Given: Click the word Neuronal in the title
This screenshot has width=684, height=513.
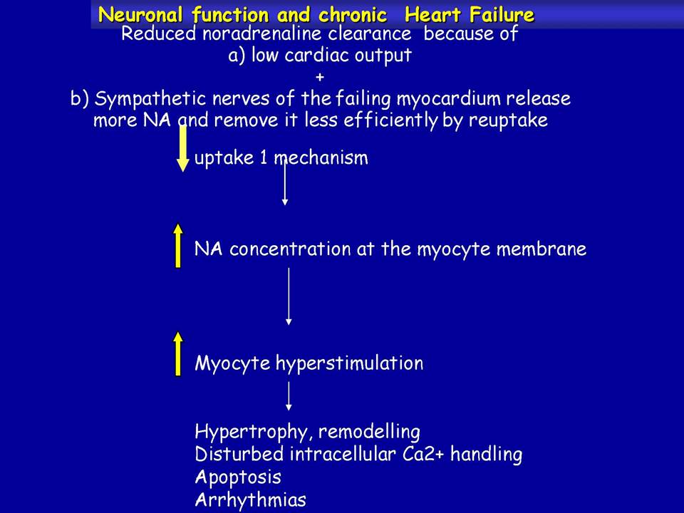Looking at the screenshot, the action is tap(140, 15).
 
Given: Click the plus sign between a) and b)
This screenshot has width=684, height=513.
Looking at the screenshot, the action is tap(320, 77).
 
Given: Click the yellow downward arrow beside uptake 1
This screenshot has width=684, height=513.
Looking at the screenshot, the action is tap(183, 148).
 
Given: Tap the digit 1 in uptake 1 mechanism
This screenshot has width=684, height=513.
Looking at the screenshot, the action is tap(264, 157).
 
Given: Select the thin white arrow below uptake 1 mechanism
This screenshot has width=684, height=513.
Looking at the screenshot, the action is tap(285, 183).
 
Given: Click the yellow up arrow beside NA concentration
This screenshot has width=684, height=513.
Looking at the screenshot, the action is tap(178, 246).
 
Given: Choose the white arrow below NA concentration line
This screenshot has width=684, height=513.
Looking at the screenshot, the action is tap(289, 296).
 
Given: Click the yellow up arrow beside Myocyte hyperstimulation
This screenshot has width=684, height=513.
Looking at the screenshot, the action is tap(178, 354).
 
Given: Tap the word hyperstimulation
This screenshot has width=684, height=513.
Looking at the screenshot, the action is tap(349, 363).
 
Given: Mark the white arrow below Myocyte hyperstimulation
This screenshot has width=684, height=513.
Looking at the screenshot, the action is tap(289, 396).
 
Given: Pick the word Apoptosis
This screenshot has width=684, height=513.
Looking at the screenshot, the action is tap(238, 477).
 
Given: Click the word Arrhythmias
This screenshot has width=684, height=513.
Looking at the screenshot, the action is tap(250, 499).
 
